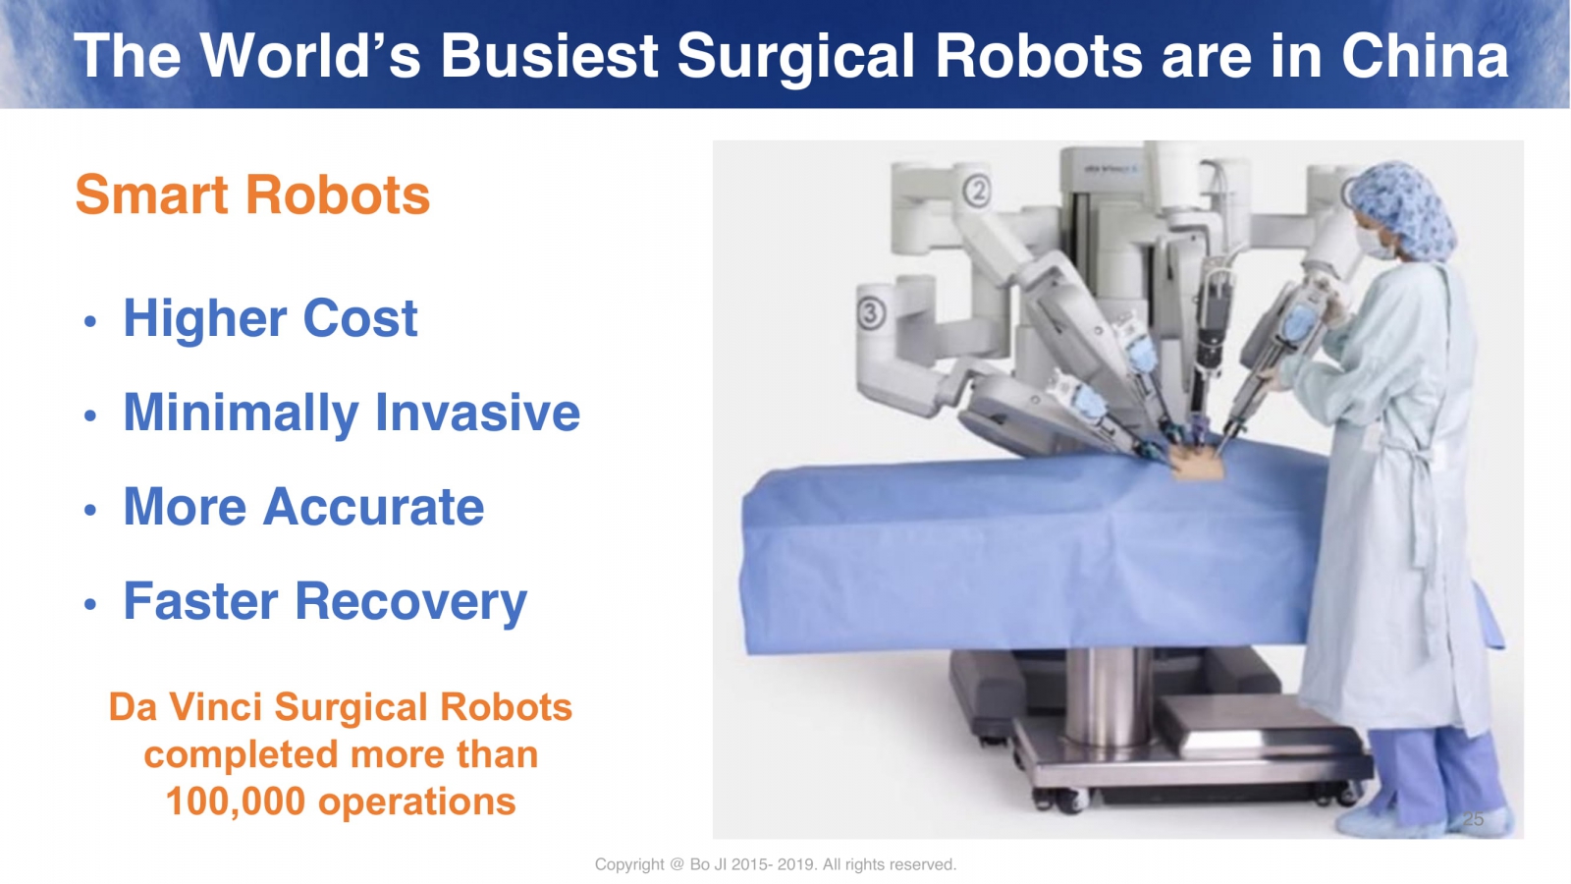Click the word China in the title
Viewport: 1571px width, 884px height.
(1425, 56)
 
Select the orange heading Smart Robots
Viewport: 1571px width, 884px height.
(252, 194)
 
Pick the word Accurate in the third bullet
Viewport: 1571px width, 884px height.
(373, 506)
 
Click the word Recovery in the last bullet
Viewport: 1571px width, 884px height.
(410, 601)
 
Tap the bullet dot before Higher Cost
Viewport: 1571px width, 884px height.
(89, 322)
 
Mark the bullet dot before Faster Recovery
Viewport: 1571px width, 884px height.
(89, 604)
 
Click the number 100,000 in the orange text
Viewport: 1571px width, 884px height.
(235, 801)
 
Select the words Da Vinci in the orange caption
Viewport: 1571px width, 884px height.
(186, 706)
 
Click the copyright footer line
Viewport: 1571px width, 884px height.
(775, 864)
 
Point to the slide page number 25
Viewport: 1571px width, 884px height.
(1473, 819)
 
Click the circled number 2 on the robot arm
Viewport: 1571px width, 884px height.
(976, 191)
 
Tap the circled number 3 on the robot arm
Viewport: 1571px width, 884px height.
(871, 313)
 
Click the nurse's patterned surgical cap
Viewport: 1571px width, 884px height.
(1403, 207)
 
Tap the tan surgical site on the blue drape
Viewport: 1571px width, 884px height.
(1198, 463)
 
